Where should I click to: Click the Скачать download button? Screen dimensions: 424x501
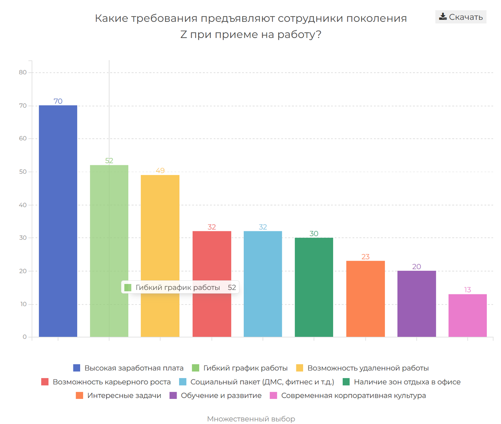point(461,17)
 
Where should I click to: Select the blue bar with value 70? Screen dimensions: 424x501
point(58,221)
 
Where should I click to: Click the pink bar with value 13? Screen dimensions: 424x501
point(468,315)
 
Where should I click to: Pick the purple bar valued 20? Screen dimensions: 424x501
point(417,304)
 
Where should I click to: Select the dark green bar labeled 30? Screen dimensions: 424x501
point(314,287)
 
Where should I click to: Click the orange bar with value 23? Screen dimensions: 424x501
point(365,299)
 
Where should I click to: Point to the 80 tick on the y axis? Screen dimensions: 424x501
point(23,72)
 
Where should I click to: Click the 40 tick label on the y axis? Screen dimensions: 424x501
point(23,205)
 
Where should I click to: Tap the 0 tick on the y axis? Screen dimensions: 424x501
point(25,337)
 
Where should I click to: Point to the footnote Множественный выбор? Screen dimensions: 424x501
point(251,419)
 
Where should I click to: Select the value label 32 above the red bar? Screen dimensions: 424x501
point(212,227)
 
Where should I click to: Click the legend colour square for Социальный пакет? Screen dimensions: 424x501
point(182,382)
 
